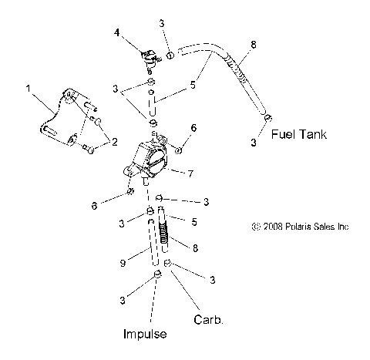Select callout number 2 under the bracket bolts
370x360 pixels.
115,142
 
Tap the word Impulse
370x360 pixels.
145,334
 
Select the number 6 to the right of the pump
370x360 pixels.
193,127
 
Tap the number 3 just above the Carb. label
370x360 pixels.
212,280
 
